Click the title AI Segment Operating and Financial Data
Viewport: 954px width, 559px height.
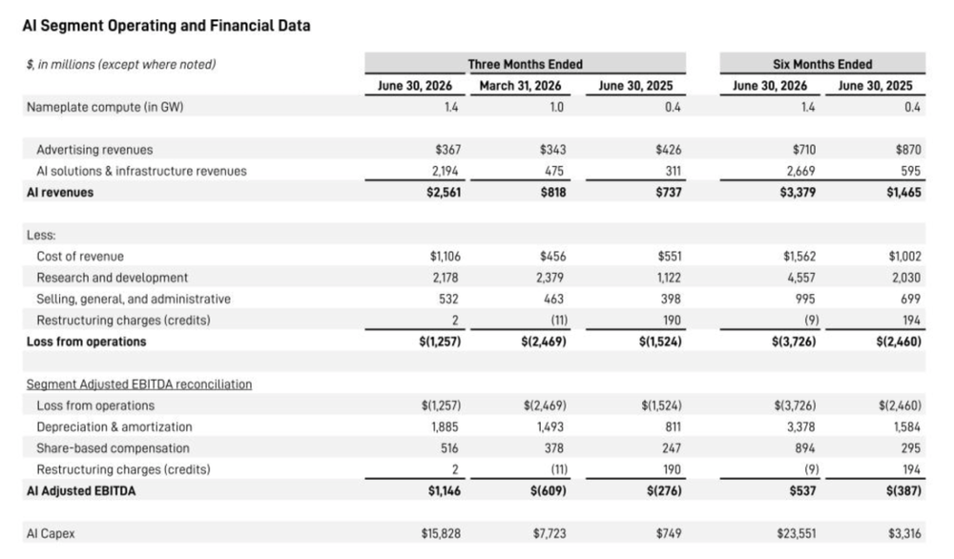click(166, 26)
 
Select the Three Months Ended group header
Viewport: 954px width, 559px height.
click(525, 64)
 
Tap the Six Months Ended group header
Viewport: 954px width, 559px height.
click(822, 64)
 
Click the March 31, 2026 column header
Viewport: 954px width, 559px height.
click(520, 86)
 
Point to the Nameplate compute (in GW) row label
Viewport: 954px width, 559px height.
click(105, 107)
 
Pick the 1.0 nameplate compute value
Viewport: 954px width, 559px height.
click(557, 107)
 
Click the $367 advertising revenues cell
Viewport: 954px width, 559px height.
click(447, 150)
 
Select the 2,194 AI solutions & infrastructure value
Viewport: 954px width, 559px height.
click(445, 171)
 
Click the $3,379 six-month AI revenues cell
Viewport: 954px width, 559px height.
click(798, 192)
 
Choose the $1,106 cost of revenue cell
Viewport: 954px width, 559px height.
click(446, 256)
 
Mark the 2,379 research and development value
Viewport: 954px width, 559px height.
click(550, 278)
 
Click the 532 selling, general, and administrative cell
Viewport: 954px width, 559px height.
click(448, 299)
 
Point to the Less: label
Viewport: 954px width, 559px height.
click(41, 235)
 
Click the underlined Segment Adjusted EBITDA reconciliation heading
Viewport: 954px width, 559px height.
click(138, 384)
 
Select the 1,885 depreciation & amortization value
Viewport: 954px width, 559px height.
click(445, 427)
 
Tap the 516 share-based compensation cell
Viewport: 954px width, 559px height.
click(449, 448)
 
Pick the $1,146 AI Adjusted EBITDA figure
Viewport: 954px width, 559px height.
click(445, 491)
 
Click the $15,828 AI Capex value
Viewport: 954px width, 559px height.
click(441, 533)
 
